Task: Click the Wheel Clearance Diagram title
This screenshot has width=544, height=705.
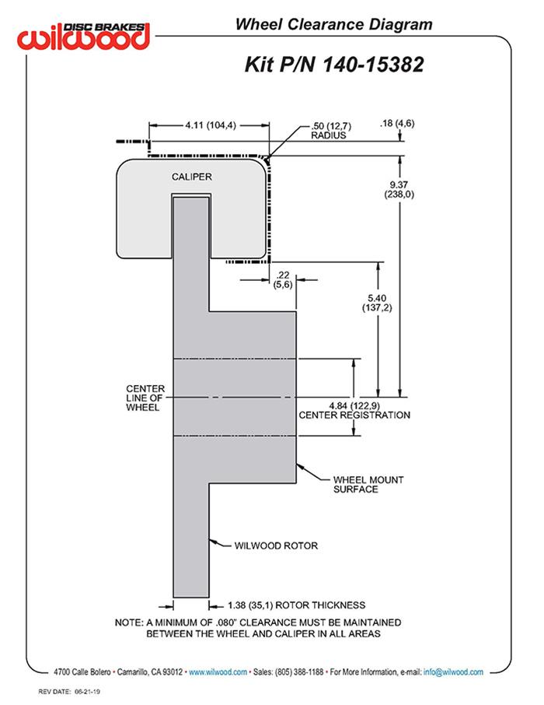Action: [x=334, y=25]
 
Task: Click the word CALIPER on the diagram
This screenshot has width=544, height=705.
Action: [x=191, y=177]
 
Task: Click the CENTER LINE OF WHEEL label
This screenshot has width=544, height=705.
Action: [x=145, y=398]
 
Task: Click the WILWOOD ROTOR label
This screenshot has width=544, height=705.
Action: [x=276, y=545]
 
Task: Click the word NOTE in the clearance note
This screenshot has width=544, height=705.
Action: [x=128, y=623]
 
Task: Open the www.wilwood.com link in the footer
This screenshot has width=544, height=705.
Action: [x=218, y=672]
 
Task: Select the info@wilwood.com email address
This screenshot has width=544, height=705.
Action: [x=453, y=672]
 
